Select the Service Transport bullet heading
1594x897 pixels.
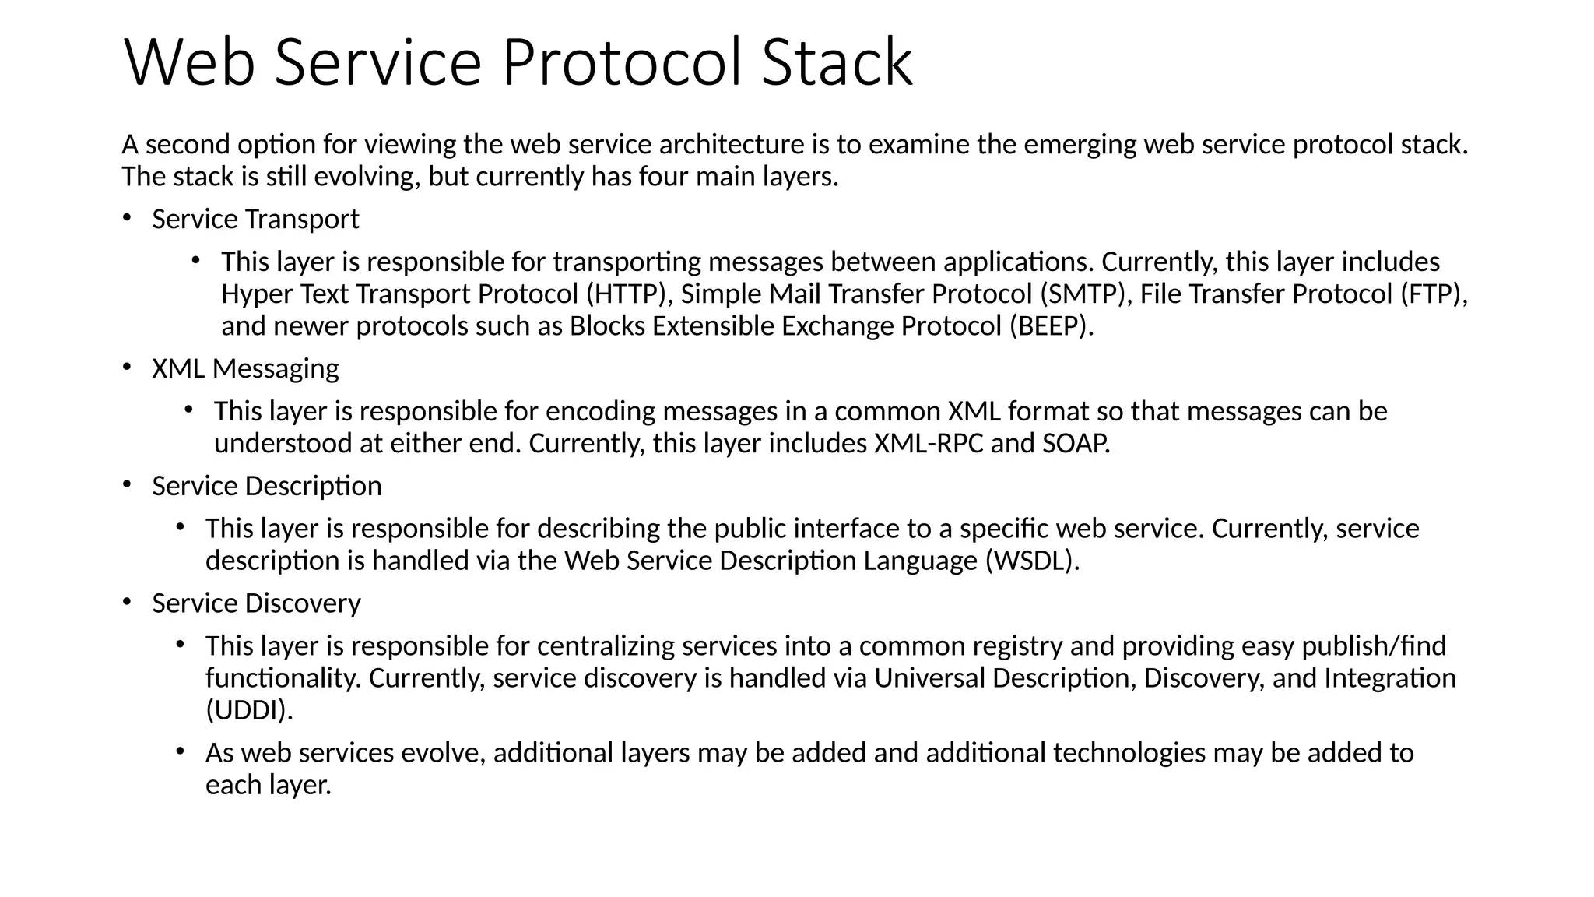[x=255, y=220]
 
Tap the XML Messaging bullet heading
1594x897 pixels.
[x=245, y=368]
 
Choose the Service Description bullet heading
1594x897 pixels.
[x=267, y=486]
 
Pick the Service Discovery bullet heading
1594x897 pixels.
[x=256, y=603]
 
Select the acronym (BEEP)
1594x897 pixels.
[x=1051, y=326]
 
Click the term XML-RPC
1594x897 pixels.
[x=929, y=444]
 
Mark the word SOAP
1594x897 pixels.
[x=1075, y=444]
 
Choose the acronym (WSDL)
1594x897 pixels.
[x=1032, y=561]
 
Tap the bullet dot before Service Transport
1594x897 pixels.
[x=127, y=218]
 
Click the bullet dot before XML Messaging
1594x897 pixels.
[x=127, y=367]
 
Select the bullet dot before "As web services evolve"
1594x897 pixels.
[x=180, y=751]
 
